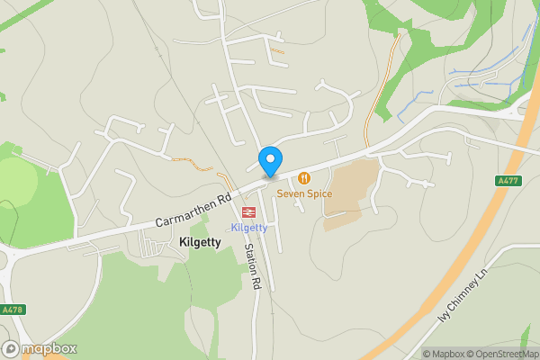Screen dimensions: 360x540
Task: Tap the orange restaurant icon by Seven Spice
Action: tap(304, 178)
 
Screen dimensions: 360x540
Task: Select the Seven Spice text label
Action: tap(304, 193)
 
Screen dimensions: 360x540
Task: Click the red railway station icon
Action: tap(248, 211)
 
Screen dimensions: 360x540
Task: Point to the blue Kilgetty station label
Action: tap(248, 227)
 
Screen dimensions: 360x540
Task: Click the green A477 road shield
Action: tap(508, 180)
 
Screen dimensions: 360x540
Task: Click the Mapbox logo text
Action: tap(49, 349)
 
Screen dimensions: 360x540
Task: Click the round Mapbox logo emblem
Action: tap(11, 349)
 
